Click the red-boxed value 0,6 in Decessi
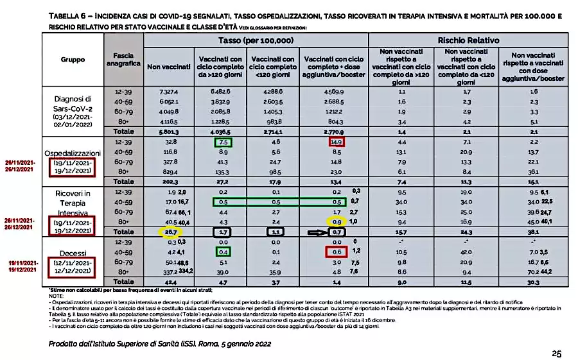coord(335,252)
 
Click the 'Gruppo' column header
coord(73,59)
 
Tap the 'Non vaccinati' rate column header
coord(169,66)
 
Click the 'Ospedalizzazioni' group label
coord(73,154)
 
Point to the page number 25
coord(556,353)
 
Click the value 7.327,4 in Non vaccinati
coord(169,92)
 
